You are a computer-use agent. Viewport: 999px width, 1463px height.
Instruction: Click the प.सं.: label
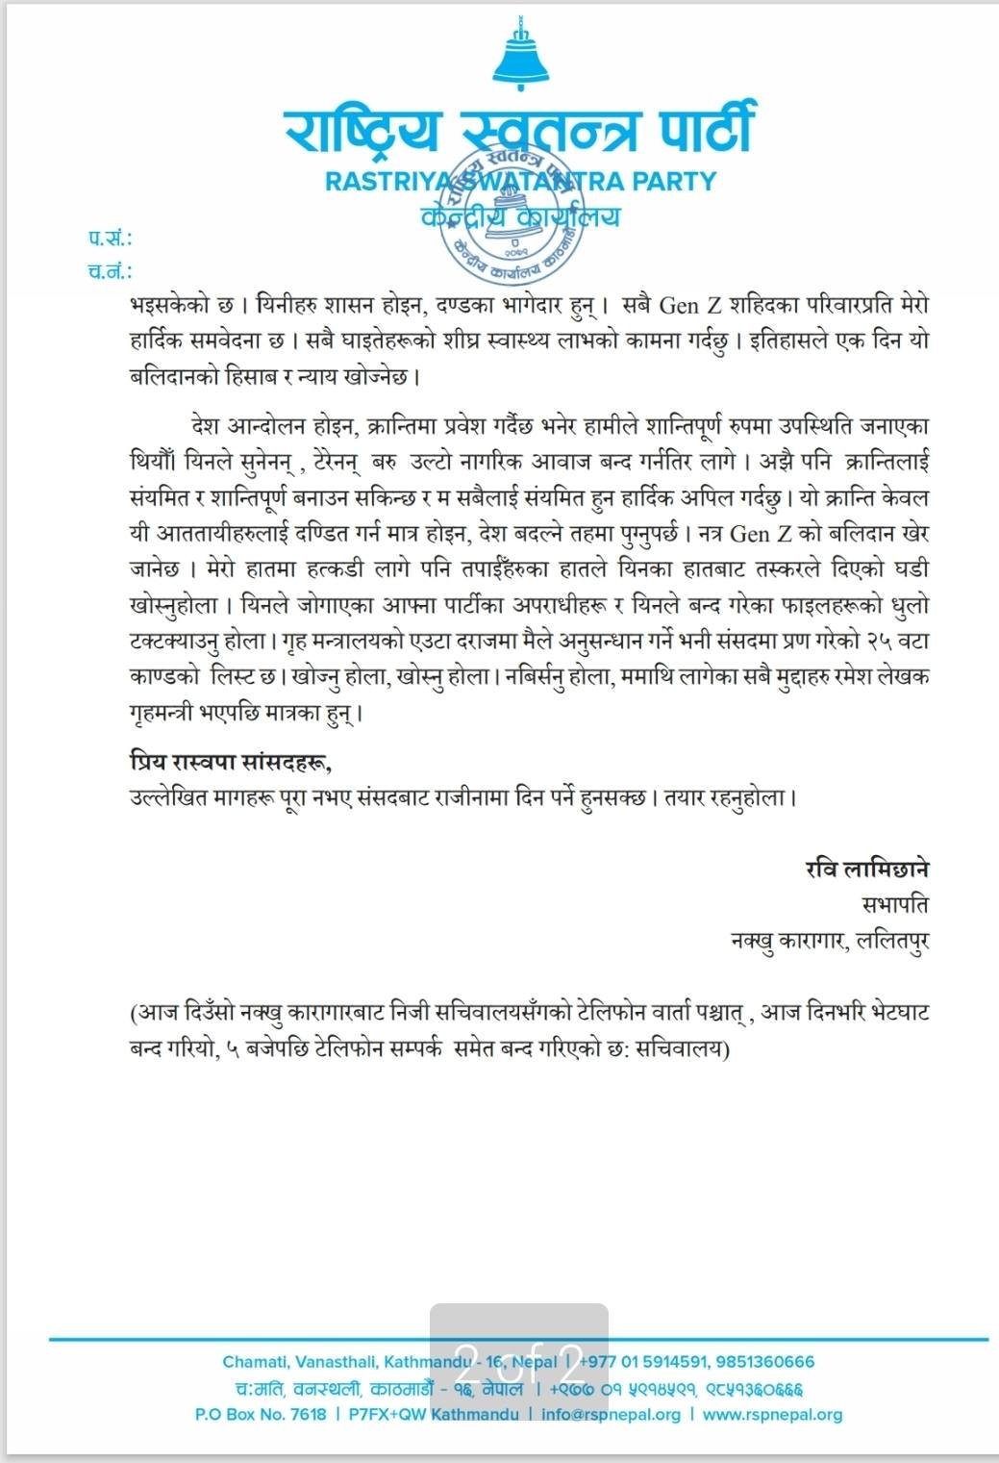[111, 238]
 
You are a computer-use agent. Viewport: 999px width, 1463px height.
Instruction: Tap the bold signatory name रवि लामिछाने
[867, 870]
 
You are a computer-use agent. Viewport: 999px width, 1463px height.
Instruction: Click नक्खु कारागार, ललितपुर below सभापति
[830, 941]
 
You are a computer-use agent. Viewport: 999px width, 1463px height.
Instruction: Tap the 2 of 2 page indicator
[518, 1362]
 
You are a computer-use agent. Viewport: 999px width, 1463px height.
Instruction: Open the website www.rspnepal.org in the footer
[772, 1415]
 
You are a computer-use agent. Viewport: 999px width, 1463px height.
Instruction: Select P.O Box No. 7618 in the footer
[261, 1415]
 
